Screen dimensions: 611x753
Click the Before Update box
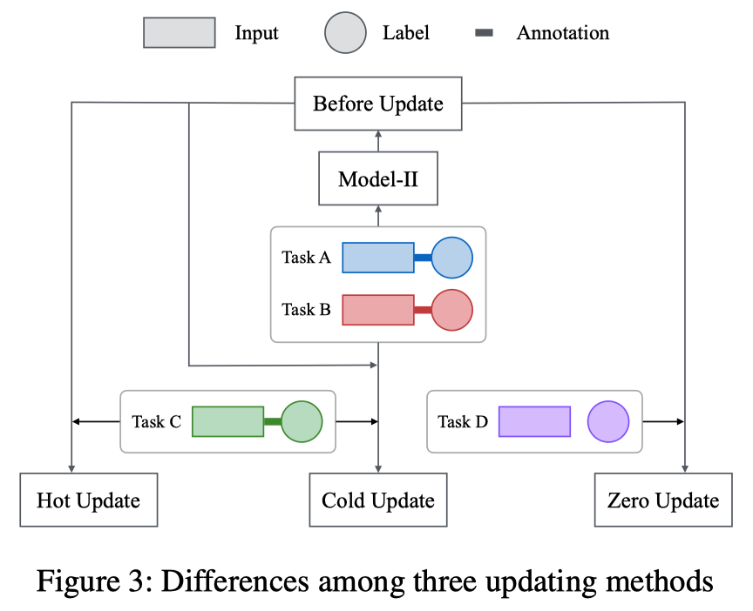coord(378,104)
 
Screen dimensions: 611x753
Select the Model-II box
coord(378,179)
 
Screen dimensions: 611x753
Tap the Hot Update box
coord(89,500)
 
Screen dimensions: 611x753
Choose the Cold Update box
coord(378,500)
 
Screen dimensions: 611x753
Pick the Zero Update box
coord(663,500)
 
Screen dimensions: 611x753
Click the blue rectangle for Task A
coord(377,258)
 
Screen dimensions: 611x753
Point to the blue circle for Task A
coord(451,258)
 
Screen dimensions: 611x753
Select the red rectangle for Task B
coord(377,309)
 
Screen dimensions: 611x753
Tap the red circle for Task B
coord(451,309)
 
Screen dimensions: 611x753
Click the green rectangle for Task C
coord(227,421)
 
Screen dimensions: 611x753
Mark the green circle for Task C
coord(302,421)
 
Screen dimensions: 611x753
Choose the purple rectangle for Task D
coord(534,421)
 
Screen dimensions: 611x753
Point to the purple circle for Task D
coord(607,421)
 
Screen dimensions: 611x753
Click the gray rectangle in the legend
coord(180,33)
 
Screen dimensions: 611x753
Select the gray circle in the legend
coord(345,33)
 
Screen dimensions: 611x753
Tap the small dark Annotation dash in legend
coord(484,33)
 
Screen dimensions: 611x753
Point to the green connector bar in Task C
coord(272,421)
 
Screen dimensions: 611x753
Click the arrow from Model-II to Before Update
coord(378,141)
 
